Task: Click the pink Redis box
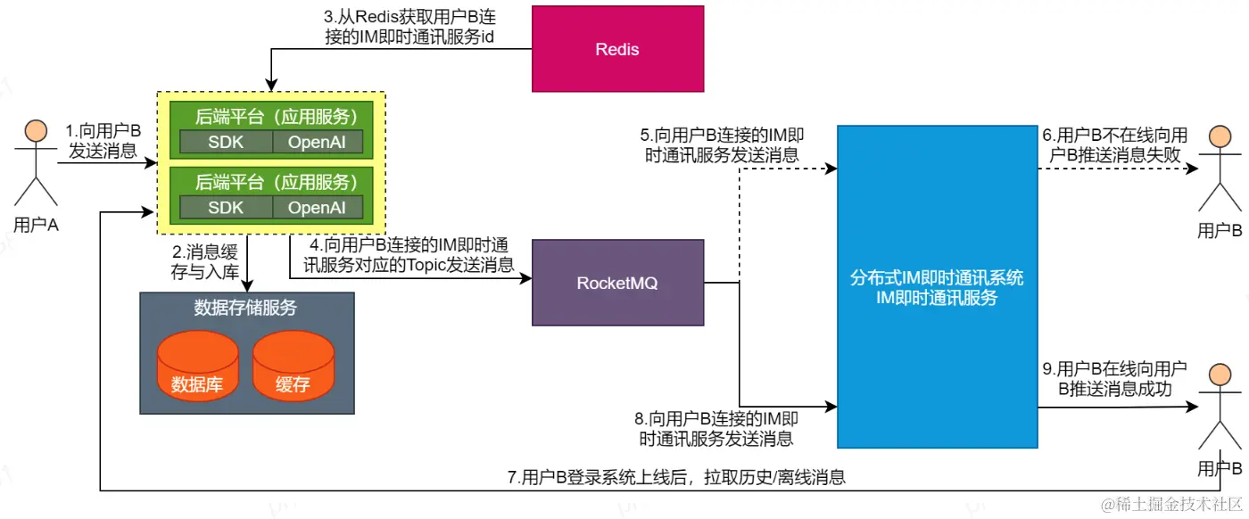tap(617, 49)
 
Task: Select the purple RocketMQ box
tap(616, 283)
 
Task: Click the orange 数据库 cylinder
tap(197, 367)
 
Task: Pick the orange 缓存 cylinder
tap(294, 367)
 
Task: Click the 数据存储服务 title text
tap(245, 309)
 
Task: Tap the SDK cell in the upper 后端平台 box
tap(226, 141)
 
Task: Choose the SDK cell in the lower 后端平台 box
tap(226, 207)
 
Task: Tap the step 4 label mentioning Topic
tap(405, 253)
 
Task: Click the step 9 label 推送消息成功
tap(1114, 379)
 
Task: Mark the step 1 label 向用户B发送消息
tap(103, 141)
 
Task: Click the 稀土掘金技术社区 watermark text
tap(1170, 504)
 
